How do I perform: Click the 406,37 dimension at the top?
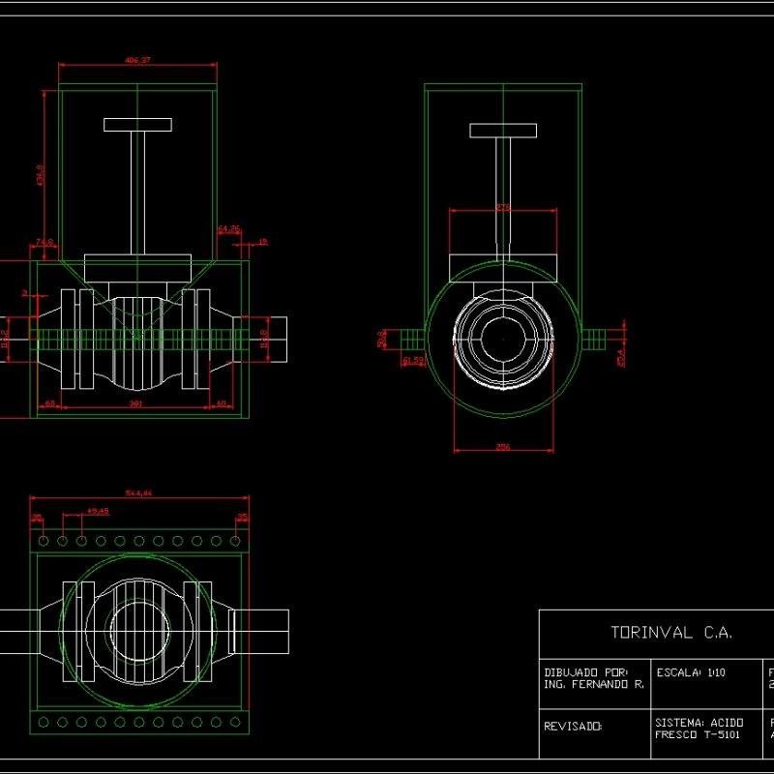137,61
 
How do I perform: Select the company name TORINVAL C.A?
671,633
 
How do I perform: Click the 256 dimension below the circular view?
503,447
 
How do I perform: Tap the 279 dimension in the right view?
503,207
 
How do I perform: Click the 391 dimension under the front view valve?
137,404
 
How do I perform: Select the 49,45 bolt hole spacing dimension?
97,510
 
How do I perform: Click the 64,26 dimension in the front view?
229,229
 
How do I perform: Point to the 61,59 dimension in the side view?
413,360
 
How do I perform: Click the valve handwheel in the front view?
137,125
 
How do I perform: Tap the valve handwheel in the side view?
503,131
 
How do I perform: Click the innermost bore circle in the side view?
503,341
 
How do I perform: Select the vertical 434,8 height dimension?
40,174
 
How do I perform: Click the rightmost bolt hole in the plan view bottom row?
235,722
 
